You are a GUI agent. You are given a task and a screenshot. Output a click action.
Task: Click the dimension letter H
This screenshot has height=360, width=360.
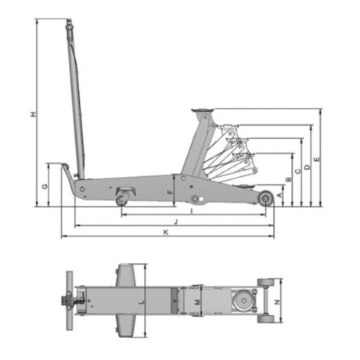[x=33, y=114]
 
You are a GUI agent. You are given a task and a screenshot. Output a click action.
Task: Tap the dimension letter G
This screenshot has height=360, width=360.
[x=45, y=186]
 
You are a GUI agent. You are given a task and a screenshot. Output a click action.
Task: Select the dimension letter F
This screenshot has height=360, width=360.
[x=170, y=193]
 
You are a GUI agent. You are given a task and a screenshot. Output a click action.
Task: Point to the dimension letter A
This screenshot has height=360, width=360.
[x=279, y=195]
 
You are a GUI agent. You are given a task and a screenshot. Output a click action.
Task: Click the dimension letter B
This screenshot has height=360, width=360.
[x=289, y=179]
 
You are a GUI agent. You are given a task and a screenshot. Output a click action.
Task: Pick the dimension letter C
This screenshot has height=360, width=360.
[x=298, y=171]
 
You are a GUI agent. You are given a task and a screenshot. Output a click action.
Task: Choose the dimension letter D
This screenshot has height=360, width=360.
[x=308, y=167]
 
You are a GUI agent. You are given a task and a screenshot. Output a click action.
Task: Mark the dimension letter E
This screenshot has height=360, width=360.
[x=317, y=160]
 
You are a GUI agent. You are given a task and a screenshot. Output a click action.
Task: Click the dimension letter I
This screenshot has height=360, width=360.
[x=192, y=211]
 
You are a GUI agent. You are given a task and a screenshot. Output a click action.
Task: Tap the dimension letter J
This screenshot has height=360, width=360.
[x=176, y=222]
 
